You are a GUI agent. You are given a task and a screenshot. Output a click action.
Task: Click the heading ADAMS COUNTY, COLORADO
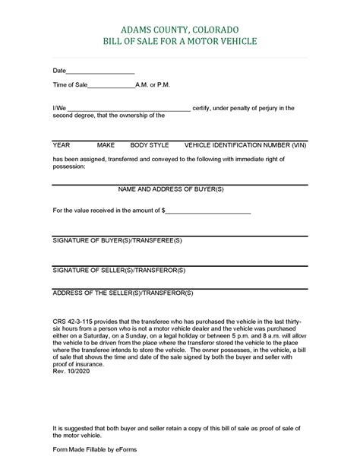coord(180,26)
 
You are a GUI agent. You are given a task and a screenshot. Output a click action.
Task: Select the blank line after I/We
coord(129,109)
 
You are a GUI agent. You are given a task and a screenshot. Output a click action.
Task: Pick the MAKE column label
coord(106,144)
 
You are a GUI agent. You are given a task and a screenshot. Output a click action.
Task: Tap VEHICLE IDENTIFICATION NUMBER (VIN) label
coord(248,144)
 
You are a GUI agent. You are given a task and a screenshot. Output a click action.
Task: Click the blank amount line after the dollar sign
coord(207,210)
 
